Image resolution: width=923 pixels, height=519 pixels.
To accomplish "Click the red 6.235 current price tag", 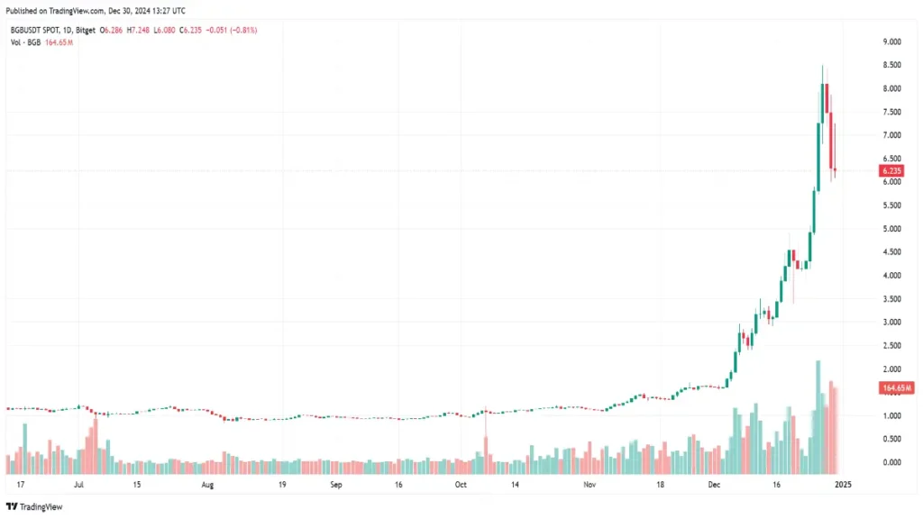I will [x=891, y=170].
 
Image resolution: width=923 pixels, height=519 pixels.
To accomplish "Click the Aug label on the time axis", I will [x=207, y=485].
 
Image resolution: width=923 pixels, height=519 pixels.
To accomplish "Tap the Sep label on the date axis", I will [x=336, y=485].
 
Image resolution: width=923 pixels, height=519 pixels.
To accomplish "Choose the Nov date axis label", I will [x=589, y=485].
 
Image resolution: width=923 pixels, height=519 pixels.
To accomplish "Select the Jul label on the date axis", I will [x=78, y=485].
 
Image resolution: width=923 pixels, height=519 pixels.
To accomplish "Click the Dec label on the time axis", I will [x=715, y=485].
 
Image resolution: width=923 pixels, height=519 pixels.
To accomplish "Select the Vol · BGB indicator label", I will [x=27, y=42].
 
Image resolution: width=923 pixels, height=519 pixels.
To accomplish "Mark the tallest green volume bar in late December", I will [x=818, y=419].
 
